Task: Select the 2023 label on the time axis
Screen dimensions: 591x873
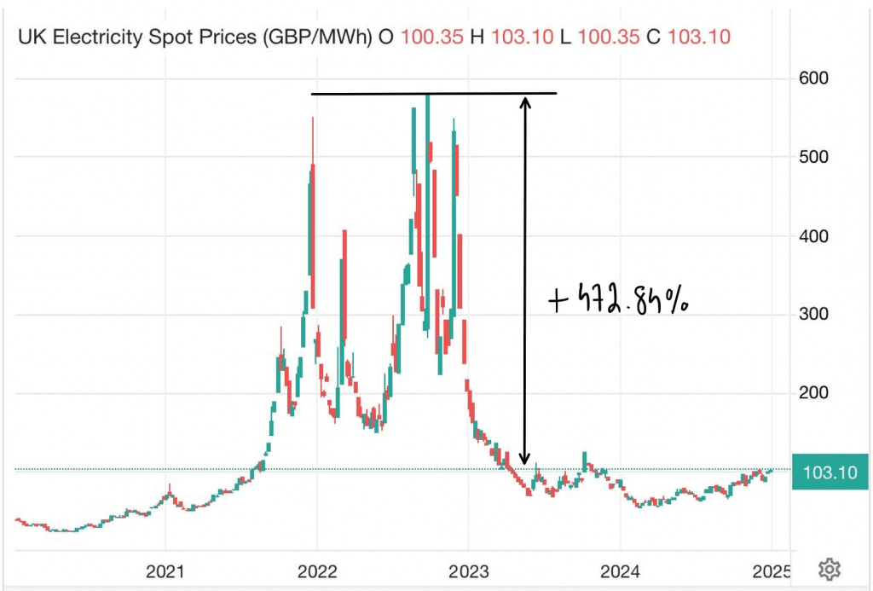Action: click(x=468, y=569)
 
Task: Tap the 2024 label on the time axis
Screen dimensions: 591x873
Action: click(x=620, y=569)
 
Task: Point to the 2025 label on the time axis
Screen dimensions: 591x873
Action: click(x=772, y=569)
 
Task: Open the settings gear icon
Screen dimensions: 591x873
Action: click(x=830, y=569)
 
